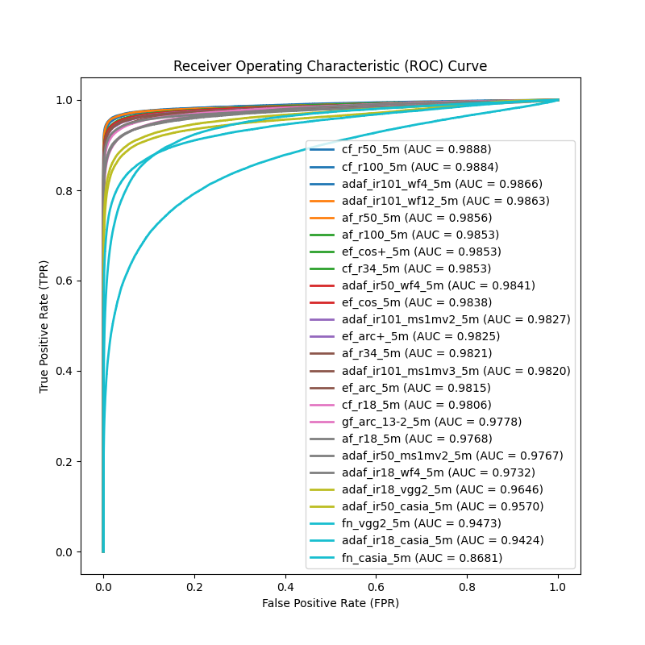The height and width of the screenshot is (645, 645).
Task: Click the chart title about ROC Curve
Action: (x=330, y=66)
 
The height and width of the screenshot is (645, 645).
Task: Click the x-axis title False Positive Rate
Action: (x=330, y=602)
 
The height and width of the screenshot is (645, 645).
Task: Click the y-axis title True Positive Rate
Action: (x=44, y=326)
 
